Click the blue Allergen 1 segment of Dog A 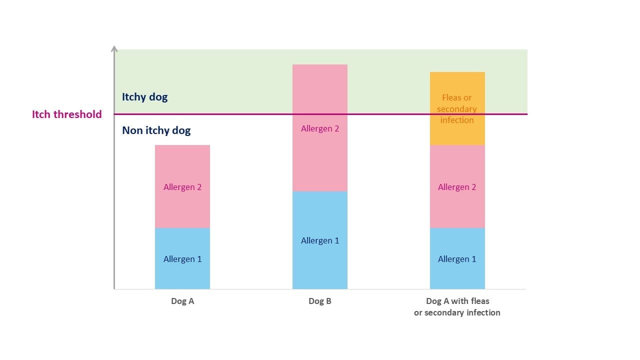click(182, 258)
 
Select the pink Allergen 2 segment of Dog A click(182, 186)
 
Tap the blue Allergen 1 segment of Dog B click(320, 240)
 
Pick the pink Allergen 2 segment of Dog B click(320, 128)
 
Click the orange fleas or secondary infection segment click(457, 108)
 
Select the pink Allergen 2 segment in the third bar click(457, 186)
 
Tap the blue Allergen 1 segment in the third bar click(457, 258)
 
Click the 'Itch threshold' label click(67, 114)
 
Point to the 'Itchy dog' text click(145, 97)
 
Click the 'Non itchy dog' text click(156, 130)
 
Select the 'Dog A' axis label click(182, 301)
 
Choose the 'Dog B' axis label click(320, 301)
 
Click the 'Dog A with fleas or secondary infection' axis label click(457, 307)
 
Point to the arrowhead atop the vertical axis click(114, 48)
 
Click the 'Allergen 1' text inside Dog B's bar click(320, 240)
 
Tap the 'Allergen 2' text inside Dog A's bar click(182, 187)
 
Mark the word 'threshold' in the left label click(77, 114)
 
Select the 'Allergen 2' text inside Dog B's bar click(320, 128)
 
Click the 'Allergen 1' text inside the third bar click(457, 259)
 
